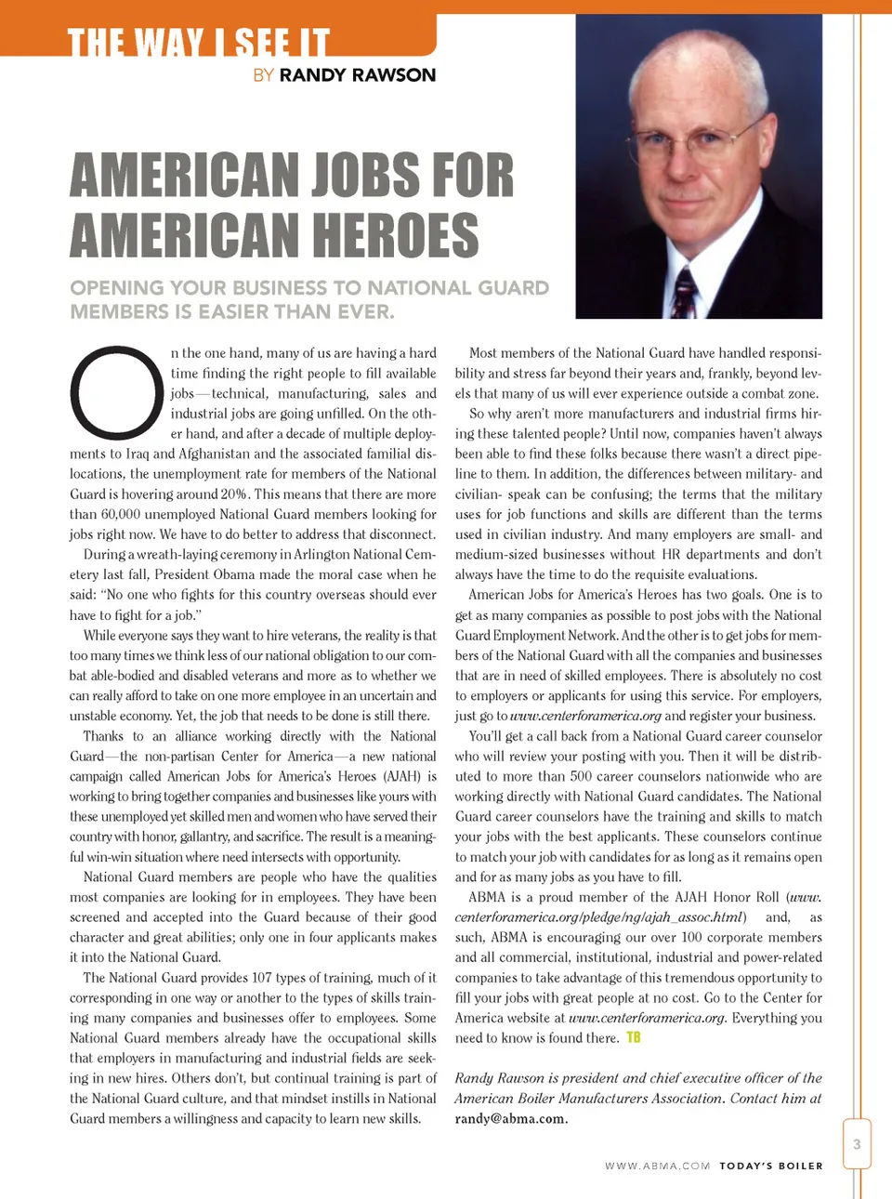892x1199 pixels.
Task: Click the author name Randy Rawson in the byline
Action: coord(357,75)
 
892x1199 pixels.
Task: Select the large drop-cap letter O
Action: coord(117,392)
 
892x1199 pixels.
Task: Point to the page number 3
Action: coord(857,1144)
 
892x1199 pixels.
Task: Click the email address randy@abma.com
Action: coord(511,1118)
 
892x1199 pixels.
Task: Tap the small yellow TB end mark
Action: coord(634,1037)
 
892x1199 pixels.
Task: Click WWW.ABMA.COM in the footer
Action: coord(657,1166)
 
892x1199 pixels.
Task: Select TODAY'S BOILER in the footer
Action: coord(771,1166)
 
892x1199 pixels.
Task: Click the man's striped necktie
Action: coord(685,292)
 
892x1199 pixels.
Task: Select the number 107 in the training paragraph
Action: coord(262,978)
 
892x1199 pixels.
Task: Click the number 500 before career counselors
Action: coord(581,776)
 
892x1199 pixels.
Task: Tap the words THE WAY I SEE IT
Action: coord(198,43)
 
